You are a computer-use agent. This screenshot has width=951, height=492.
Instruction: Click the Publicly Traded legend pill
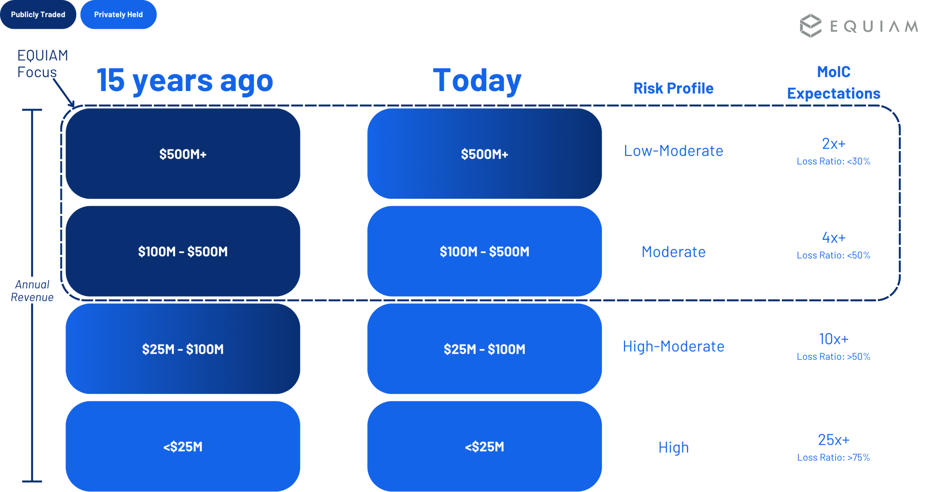[x=38, y=14]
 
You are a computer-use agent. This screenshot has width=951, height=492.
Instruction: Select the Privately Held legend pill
[x=118, y=14]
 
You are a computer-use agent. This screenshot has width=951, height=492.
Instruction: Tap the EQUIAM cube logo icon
[x=810, y=26]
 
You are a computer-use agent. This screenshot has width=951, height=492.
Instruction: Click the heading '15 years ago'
[x=185, y=80]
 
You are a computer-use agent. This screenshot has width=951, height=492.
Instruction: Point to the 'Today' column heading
[x=477, y=80]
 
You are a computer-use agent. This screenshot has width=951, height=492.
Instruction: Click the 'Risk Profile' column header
[x=673, y=88]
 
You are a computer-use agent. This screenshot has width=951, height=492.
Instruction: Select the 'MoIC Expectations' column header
[x=833, y=83]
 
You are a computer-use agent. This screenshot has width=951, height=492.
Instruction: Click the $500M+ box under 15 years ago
[x=183, y=154]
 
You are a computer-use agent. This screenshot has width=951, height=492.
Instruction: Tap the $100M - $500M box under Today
[x=484, y=251]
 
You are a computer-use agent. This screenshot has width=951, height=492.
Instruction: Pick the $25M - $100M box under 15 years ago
[x=183, y=349]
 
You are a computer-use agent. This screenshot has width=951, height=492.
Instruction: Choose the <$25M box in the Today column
[x=484, y=446]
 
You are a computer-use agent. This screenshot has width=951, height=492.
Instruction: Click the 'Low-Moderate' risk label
[x=673, y=151]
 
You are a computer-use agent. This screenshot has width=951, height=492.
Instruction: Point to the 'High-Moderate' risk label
[x=673, y=346]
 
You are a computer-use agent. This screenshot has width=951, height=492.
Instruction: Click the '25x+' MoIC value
[x=833, y=439]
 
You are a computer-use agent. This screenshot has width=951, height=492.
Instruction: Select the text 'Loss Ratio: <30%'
[x=833, y=161]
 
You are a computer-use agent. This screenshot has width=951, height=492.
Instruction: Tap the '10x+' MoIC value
[x=833, y=339]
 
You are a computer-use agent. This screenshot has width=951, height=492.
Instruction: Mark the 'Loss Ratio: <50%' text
[x=833, y=255]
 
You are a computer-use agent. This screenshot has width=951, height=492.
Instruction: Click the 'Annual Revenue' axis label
[x=32, y=291]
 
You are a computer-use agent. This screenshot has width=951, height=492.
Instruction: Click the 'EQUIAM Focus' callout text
[x=42, y=63]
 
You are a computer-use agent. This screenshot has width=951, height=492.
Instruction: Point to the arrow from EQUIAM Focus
[x=63, y=92]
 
